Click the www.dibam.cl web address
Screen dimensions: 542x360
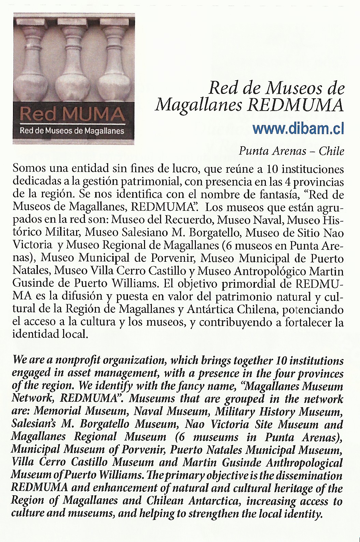(298, 129)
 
